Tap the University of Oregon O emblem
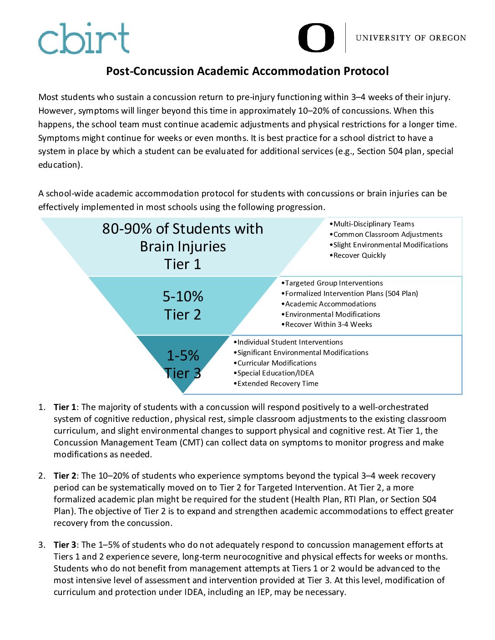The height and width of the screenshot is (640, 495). click(316, 38)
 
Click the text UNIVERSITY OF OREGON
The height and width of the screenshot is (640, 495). click(411, 38)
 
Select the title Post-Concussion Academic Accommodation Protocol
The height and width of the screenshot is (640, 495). click(247, 71)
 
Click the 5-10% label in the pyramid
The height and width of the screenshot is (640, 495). click(183, 297)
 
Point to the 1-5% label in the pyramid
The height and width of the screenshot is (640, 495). click(183, 355)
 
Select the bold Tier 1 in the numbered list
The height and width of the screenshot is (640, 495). click(65, 407)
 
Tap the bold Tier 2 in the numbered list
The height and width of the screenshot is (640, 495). click(65, 476)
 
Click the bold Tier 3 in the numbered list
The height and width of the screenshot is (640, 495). click(65, 545)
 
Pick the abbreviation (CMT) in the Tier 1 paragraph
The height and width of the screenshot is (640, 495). click(191, 443)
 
